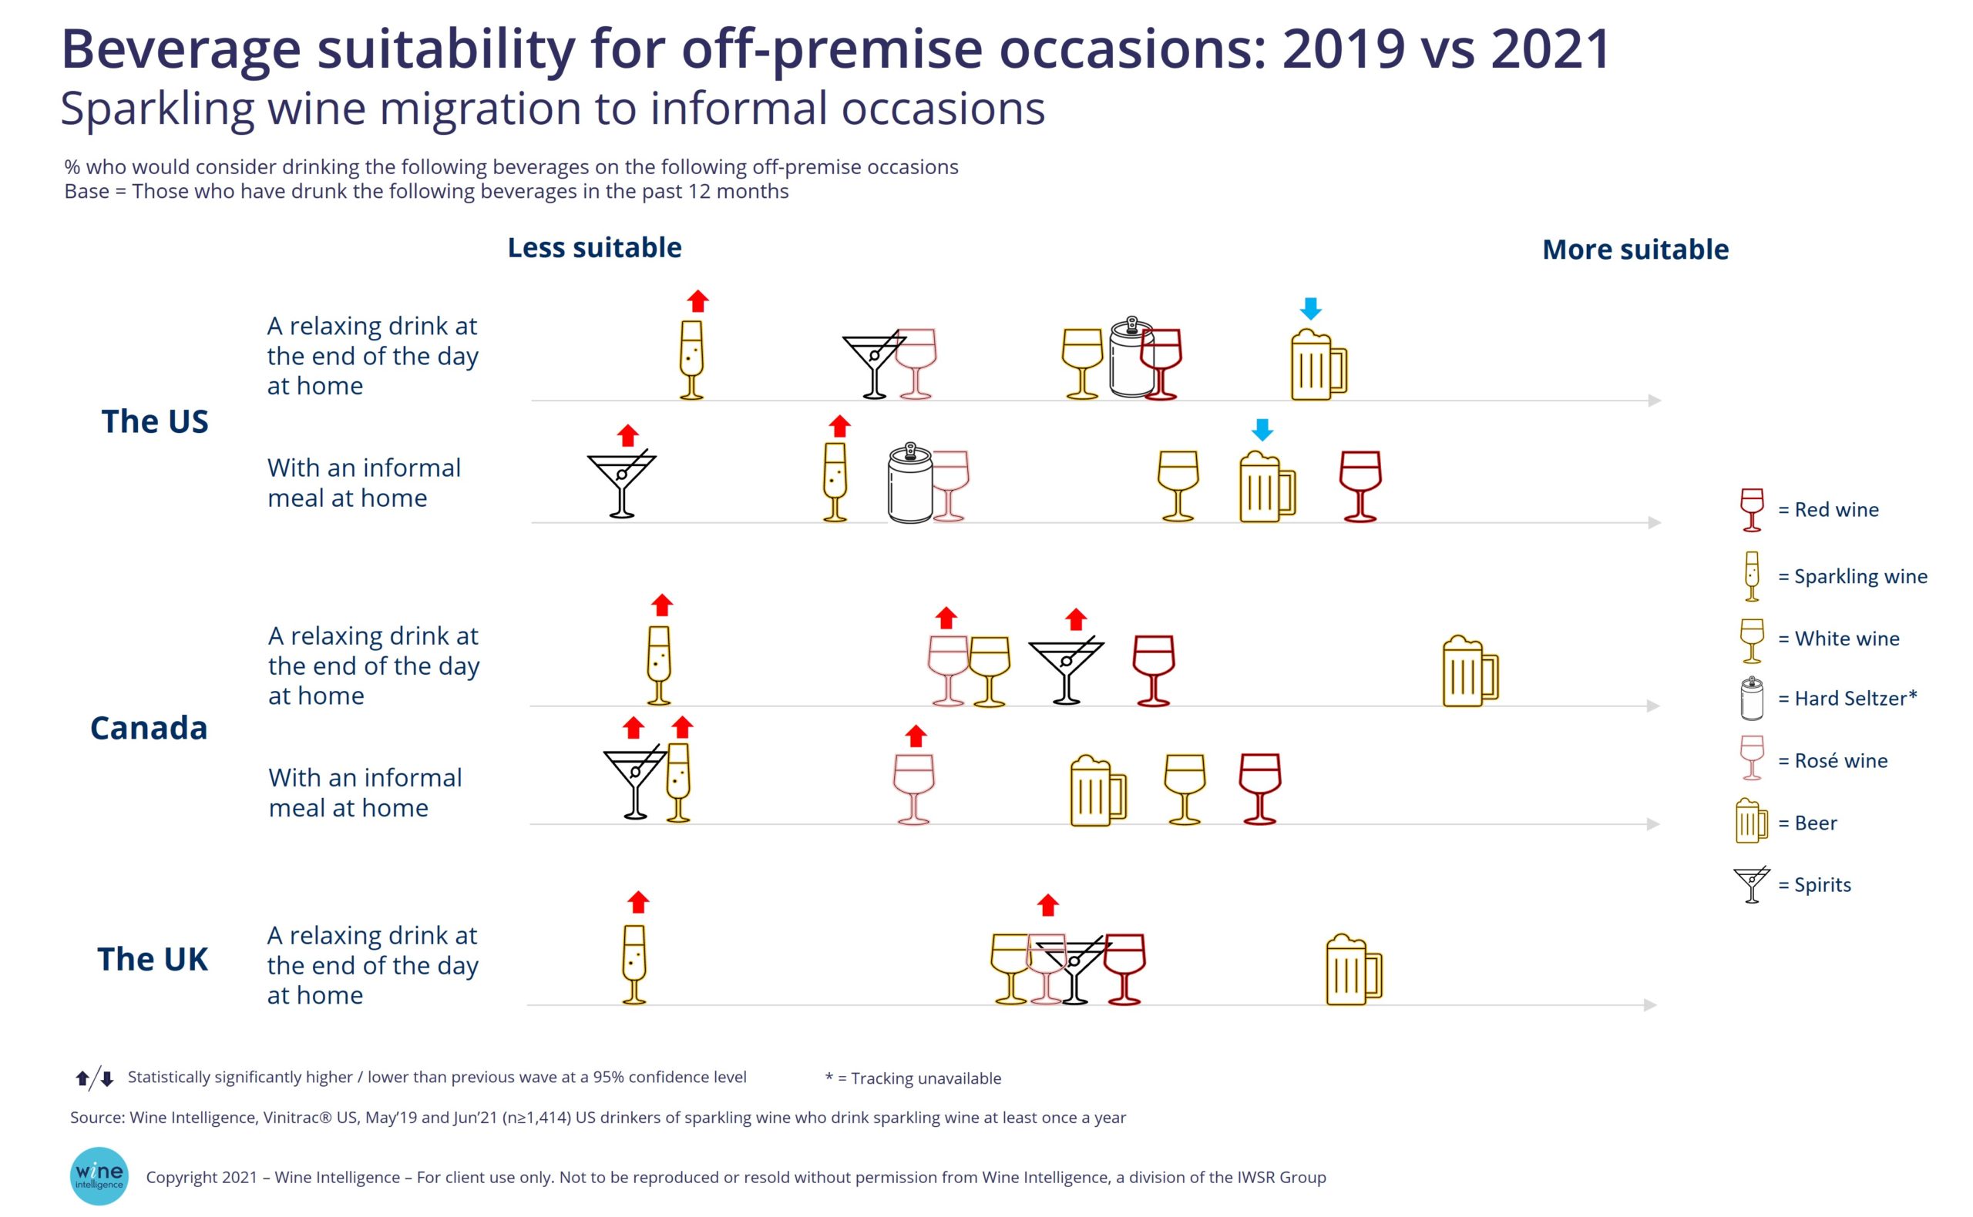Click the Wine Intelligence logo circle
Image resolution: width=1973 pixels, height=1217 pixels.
point(99,1175)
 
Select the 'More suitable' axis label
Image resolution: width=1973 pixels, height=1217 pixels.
point(1635,250)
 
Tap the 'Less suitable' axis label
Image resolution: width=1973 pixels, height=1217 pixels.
point(594,248)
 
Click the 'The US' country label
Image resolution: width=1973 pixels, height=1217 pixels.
point(155,421)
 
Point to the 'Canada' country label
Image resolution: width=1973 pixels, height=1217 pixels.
point(149,728)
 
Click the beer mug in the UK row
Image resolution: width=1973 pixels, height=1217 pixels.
point(1353,970)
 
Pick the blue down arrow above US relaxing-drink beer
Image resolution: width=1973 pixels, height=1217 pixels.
point(1310,308)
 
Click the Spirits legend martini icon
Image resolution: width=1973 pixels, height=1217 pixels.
point(1752,884)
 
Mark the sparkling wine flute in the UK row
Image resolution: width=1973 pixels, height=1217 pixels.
point(634,964)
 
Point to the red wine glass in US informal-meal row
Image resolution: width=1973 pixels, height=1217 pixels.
point(1360,485)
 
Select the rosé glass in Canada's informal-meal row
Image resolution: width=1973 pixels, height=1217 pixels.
point(914,788)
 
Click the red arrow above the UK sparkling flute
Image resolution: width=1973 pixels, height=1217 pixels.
point(638,901)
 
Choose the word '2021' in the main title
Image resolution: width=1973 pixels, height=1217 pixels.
point(1550,49)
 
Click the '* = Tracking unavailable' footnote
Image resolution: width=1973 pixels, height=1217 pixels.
point(913,1078)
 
